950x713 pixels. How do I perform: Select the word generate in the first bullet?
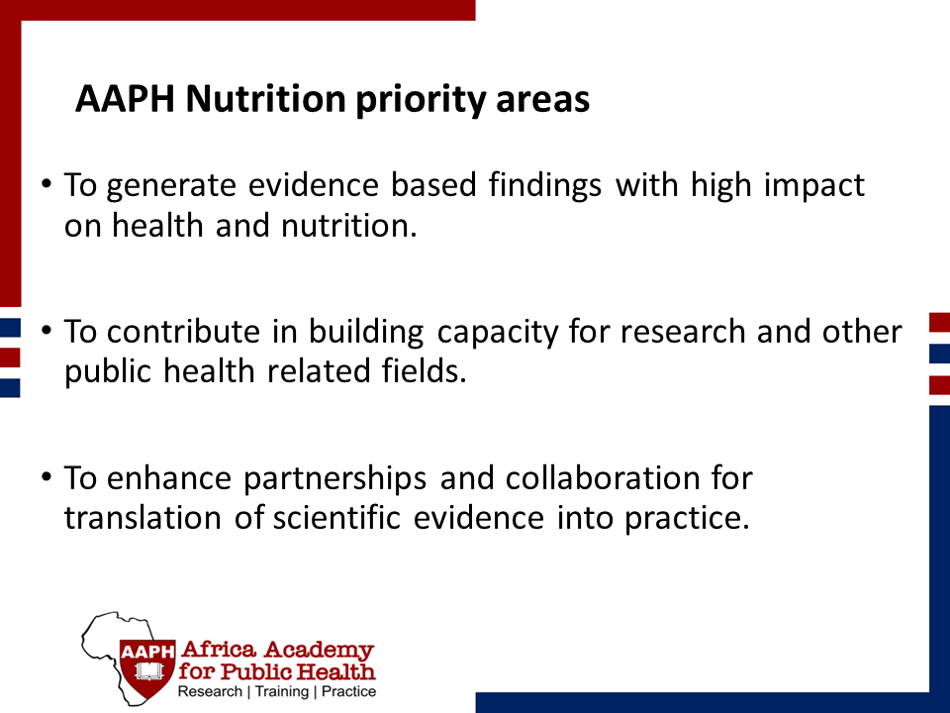coord(171,186)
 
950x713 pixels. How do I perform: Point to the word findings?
coord(545,185)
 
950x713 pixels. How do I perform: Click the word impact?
coord(813,185)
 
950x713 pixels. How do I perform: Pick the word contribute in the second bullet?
coord(184,332)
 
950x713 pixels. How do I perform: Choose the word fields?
coord(425,370)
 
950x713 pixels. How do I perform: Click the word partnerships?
coord(335,479)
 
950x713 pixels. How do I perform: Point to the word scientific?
coord(336,518)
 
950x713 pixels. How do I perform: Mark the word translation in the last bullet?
coord(142,518)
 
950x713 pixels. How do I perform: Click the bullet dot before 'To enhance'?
coord(47,477)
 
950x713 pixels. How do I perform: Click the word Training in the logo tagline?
coord(282,692)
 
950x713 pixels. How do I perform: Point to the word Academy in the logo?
coord(319,651)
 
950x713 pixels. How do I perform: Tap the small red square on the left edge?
coord(10,357)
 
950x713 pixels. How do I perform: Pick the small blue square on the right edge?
coord(940,354)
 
